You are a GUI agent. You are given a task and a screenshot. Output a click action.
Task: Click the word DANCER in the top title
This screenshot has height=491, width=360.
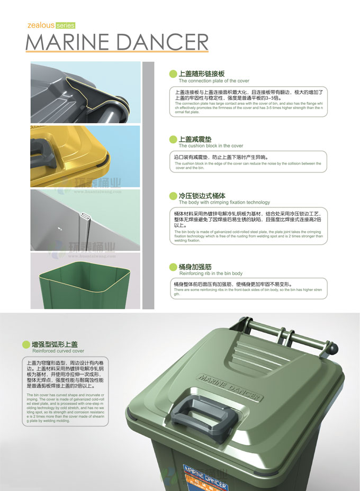click(x=161, y=42)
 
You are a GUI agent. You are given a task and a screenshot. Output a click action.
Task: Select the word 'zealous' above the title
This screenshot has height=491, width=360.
click(x=40, y=25)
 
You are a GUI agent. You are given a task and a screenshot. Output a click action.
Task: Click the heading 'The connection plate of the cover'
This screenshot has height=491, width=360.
click(x=214, y=81)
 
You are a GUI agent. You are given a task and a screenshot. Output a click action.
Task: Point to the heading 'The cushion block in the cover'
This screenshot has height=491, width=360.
click(x=211, y=146)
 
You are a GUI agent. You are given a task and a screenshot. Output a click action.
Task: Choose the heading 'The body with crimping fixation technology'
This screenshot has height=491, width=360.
click(x=224, y=202)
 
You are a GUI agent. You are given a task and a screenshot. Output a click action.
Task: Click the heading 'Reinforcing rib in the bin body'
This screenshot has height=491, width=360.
click(x=211, y=274)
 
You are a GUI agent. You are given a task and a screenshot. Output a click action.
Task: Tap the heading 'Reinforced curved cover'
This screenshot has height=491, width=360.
click(x=58, y=351)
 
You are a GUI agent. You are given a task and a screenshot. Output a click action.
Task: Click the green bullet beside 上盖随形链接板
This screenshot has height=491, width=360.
click(x=172, y=74)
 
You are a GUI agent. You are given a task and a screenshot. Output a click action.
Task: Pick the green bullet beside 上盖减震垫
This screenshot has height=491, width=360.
click(x=172, y=139)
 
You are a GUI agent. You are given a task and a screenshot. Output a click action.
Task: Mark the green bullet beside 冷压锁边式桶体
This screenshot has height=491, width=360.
click(x=172, y=196)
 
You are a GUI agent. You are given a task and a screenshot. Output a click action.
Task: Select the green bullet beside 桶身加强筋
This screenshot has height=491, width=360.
click(x=172, y=267)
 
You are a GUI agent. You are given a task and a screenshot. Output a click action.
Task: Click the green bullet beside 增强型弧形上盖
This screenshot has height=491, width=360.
click(x=26, y=344)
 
